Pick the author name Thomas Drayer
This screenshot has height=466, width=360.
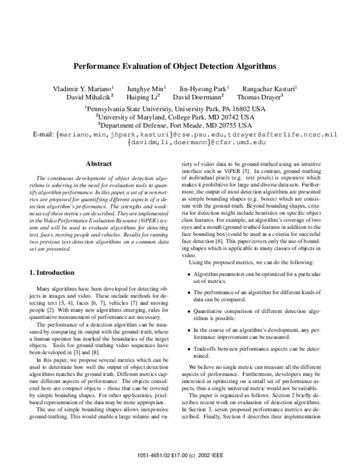pos(260,96)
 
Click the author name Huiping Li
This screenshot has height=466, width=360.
pos(142,96)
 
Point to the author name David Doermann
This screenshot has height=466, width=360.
pos(198,96)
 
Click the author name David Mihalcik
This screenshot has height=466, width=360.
pos(89,96)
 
